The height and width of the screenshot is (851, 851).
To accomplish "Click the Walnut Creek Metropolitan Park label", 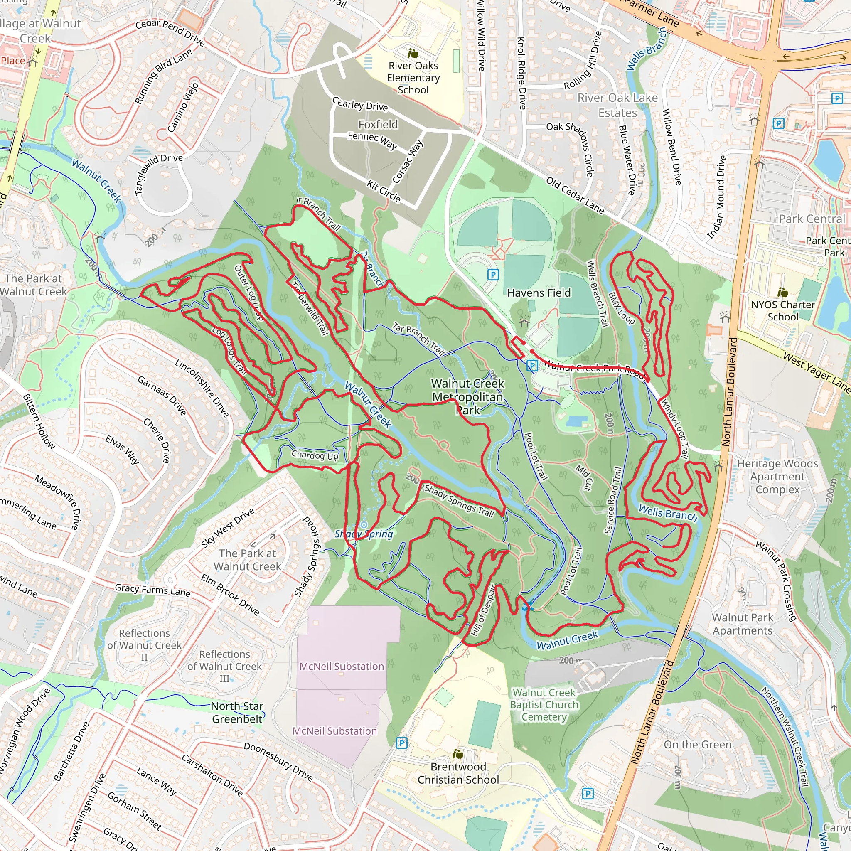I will click(x=467, y=396).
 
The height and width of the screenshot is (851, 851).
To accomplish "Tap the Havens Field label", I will click(x=538, y=293).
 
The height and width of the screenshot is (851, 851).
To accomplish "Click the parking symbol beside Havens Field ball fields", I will click(x=493, y=275).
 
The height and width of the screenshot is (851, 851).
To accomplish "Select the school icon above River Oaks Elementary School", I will click(x=413, y=53).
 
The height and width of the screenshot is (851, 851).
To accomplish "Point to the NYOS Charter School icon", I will click(x=782, y=292).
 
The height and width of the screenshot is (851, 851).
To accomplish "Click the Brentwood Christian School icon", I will click(x=457, y=754).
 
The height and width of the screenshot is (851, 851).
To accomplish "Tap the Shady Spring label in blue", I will click(x=364, y=534).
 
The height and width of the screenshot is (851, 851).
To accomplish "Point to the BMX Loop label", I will click(x=621, y=308).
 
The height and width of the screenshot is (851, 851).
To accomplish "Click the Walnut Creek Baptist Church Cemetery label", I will click(x=544, y=705).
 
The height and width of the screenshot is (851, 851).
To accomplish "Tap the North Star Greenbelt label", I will click(x=237, y=712).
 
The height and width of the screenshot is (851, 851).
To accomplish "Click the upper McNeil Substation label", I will click(x=342, y=667).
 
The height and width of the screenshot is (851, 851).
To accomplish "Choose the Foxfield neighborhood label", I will click(x=378, y=124).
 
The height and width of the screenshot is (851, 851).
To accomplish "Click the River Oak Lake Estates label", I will click(x=617, y=105).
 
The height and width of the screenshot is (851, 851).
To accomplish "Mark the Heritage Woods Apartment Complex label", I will click(x=777, y=476).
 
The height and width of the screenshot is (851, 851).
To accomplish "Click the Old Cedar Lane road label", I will click(x=575, y=195).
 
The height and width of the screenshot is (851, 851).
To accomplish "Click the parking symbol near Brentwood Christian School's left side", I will click(x=401, y=743).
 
